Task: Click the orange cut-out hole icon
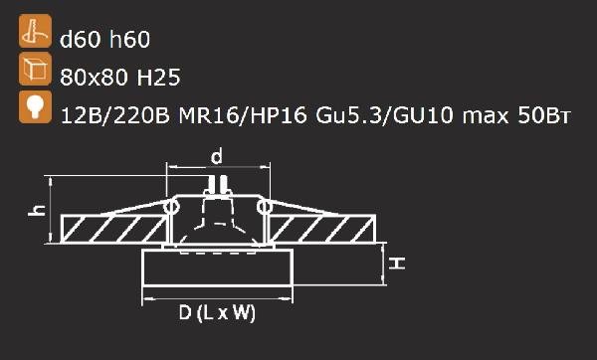click(x=35, y=31)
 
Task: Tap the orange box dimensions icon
click(x=35, y=69)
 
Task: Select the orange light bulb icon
click(x=35, y=107)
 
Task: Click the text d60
click(x=81, y=39)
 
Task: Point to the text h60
click(x=129, y=39)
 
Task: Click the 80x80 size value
click(x=94, y=78)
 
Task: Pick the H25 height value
click(x=158, y=78)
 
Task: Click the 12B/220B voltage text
click(x=115, y=115)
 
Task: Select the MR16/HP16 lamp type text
click(x=243, y=115)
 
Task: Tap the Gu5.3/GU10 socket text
click(x=384, y=115)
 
